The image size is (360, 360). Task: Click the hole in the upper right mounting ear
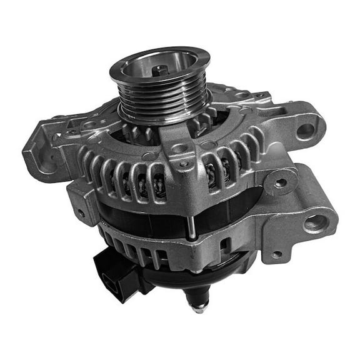305,131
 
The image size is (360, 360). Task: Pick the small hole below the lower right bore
276,254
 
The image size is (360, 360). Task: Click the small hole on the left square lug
81,212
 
